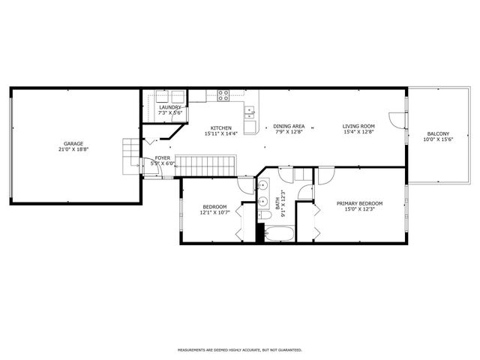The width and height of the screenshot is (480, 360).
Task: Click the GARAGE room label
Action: (73, 143)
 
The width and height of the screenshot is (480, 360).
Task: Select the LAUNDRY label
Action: (170, 107)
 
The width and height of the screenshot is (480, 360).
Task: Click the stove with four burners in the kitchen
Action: (223, 94)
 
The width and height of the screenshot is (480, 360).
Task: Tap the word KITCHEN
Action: (220, 127)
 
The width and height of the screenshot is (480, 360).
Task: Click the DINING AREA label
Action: (288, 127)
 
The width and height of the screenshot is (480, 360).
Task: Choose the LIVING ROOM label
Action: (358, 127)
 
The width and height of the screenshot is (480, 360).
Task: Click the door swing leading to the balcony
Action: (396, 120)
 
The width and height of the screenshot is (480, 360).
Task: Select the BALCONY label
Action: (439, 133)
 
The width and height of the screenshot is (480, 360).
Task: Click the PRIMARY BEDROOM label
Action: (359, 204)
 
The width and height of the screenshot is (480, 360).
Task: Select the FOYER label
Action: (162, 157)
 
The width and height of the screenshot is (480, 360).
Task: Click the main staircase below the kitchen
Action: (207, 163)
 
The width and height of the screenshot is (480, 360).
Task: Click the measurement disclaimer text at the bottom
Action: (239, 349)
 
